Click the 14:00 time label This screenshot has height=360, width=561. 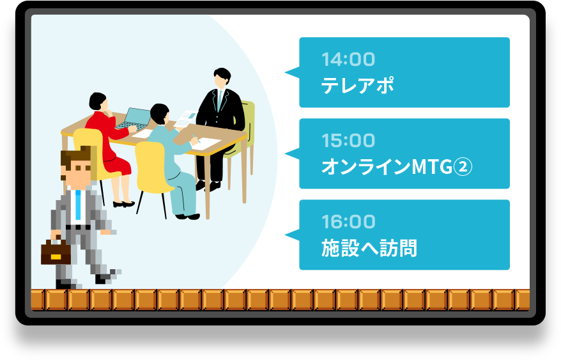pyautogui.click(x=348, y=59)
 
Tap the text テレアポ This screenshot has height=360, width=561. pyautogui.click(x=357, y=85)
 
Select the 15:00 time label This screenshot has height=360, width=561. pyautogui.click(x=348, y=141)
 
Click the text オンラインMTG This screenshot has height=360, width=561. pyautogui.click(x=387, y=167)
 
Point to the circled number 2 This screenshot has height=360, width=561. pyautogui.click(x=463, y=167)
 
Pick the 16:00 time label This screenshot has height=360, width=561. pyautogui.click(x=348, y=221)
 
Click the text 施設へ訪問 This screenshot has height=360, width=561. pyautogui.click(x=369, y=248)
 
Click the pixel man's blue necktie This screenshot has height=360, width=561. pyautogui.click(x=79, y=204)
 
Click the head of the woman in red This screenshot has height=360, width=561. pyautogui.click(x=98, y=102)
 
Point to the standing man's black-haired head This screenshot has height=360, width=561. pyautogui.click(x=222, y=77)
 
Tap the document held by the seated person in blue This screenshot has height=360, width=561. pyautogui.click(x=185, y=119)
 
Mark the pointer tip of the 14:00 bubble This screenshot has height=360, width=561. pyautogui.click(x=285, y=72)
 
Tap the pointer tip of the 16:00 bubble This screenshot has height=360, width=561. pyautogui.click(x=285, y=235)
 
